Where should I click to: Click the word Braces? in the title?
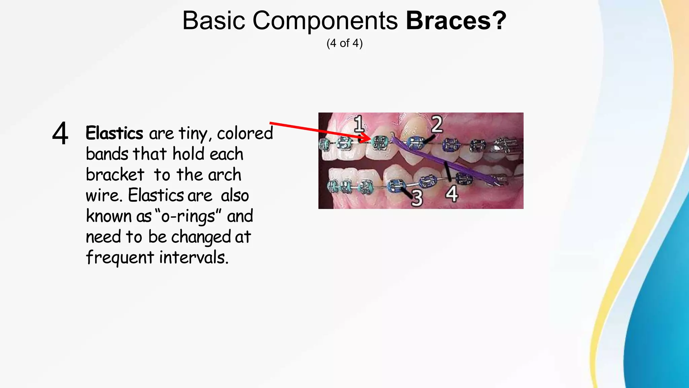coord(456,21)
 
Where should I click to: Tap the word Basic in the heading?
coord(214,21)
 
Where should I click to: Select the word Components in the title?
coord(325,21)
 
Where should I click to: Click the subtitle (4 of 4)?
coord(344,43)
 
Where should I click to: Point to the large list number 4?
coord(60,134)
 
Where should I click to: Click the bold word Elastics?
coord(114,133)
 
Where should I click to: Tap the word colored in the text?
coord(245,133)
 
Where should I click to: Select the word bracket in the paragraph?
coord(115,175)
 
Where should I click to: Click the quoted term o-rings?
coord(188,216)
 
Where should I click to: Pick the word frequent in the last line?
coord(120,258)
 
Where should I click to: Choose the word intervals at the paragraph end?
coord(193,258)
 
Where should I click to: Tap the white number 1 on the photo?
coord(359,124)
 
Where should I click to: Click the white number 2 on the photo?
coord(437,125)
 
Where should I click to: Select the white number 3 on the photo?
coord(417,198)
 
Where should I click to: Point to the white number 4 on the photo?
coord(452,194)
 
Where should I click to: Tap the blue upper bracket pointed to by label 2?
coord(415,142)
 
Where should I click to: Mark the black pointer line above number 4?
coord(448,171)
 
